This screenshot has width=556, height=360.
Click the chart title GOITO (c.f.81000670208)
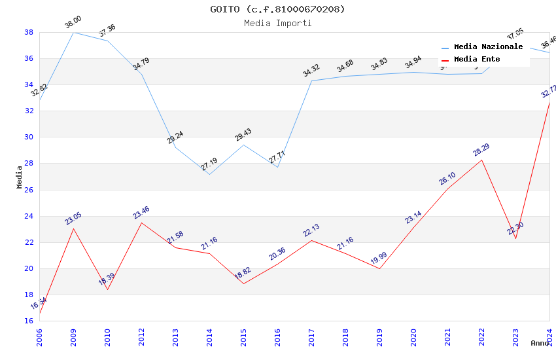point(277,9)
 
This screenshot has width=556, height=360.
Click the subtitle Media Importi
point(277,23)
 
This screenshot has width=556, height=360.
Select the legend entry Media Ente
point(477,59)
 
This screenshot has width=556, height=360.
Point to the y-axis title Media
point(20,177)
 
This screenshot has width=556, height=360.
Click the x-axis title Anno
point(540,343)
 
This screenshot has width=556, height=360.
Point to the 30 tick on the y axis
point(29,137)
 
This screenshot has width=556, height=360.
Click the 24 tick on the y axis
point(29,216)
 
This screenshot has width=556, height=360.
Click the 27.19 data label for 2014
point(209,164)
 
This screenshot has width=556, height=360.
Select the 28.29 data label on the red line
point(481,150)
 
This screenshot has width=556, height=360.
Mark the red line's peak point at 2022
point(481,160)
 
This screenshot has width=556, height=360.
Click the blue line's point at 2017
point(311,81)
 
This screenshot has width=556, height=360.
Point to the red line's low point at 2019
point(379,268)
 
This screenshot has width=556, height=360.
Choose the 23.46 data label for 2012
point(141,213)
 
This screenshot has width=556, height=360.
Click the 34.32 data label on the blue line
point(311,71)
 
